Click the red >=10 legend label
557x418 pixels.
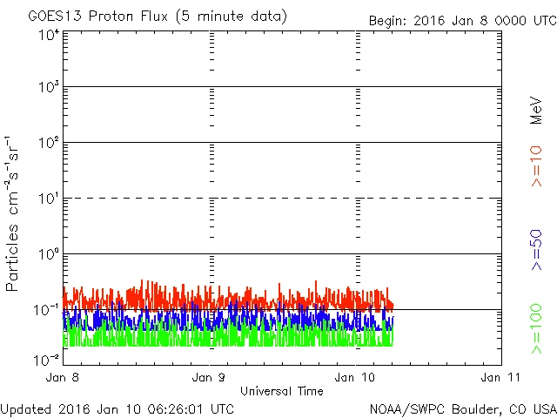tap(537, 166)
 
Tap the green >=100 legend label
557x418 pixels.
tap(537, 328)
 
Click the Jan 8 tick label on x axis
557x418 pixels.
tap(63, 377)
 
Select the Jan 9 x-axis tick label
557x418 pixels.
tap(209, 377)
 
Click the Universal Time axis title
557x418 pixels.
tap(282, 391)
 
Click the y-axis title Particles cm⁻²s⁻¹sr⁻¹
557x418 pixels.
tap(13, 213)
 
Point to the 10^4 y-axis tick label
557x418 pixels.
tap(49, 35)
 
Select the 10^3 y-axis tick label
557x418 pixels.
tap(49, 87)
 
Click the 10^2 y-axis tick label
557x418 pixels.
tap(49, 143)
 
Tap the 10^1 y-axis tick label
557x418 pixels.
tap(49, 199)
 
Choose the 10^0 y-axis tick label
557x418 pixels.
tap(49, 254)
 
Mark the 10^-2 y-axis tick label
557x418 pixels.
tap(47, 359)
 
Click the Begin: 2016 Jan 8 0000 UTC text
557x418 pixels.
tap(460, 20)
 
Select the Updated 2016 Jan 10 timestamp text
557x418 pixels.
tap(117, 408)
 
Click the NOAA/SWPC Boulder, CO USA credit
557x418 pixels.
tap(462, 408)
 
